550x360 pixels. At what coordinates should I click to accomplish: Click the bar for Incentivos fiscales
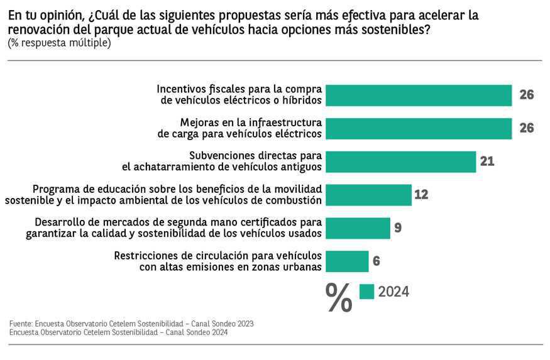pyautogui.click(x=420, y=95)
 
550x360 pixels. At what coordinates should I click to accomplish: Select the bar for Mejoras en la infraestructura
pyautogui.click(x=420, y=128)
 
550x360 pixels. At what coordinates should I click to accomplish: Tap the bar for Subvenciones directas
pyautogui.click(x=402, y=161)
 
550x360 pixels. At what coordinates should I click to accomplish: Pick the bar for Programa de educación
pyautogui.click(x=370, y=195)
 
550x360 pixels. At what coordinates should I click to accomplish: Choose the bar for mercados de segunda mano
pyautogui.click(x=359, y=227)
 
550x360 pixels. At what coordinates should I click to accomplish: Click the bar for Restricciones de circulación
pyautogui.click(x=348, y=261)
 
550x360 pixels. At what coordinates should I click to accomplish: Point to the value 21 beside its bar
pyautogui.click(x=487, y=161)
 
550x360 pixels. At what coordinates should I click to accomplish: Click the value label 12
pyautogui.click(x=421, y=195)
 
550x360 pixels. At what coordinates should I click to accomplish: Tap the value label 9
pyautogui.click(x=398, y=227)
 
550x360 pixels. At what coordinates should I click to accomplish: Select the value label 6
pyautogui.click(x=377, y=261)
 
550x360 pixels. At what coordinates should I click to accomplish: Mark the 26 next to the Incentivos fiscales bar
pyautogui.click(x=527, y=95)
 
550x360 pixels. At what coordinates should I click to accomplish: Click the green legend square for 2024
pyautogui.click(x=366, y=292)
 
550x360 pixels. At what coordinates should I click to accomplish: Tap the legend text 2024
pyautogui.click(x=393, y=292)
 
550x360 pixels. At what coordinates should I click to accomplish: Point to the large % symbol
pyautogui.click(x=339, y=297)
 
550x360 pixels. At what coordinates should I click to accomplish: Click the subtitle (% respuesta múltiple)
pyautogui.click(x=59, y=43)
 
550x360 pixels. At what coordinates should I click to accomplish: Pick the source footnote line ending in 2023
pyautogui.click(x=131, y=324)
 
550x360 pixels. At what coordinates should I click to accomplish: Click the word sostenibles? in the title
pyautogui.click(x=399, y=30)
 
